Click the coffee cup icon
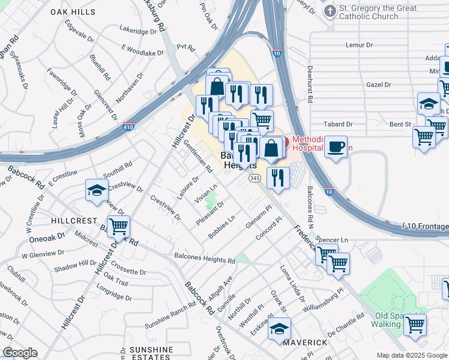pyautogui.click(x=336, y=146)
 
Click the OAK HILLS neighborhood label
pyautogui.click(x=72, y=11)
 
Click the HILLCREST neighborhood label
pyautogui.click(x=73, y=221)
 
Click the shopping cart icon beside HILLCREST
pyautogui.click(x=118, y=227)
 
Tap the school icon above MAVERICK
pyautogui.click(x=279, y=329)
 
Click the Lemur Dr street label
pyautogui.click(x=360, y=45)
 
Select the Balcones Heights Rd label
pyautogui.click(x=205, y=259)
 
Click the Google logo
pyautogui.click(x=20, y=353)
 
